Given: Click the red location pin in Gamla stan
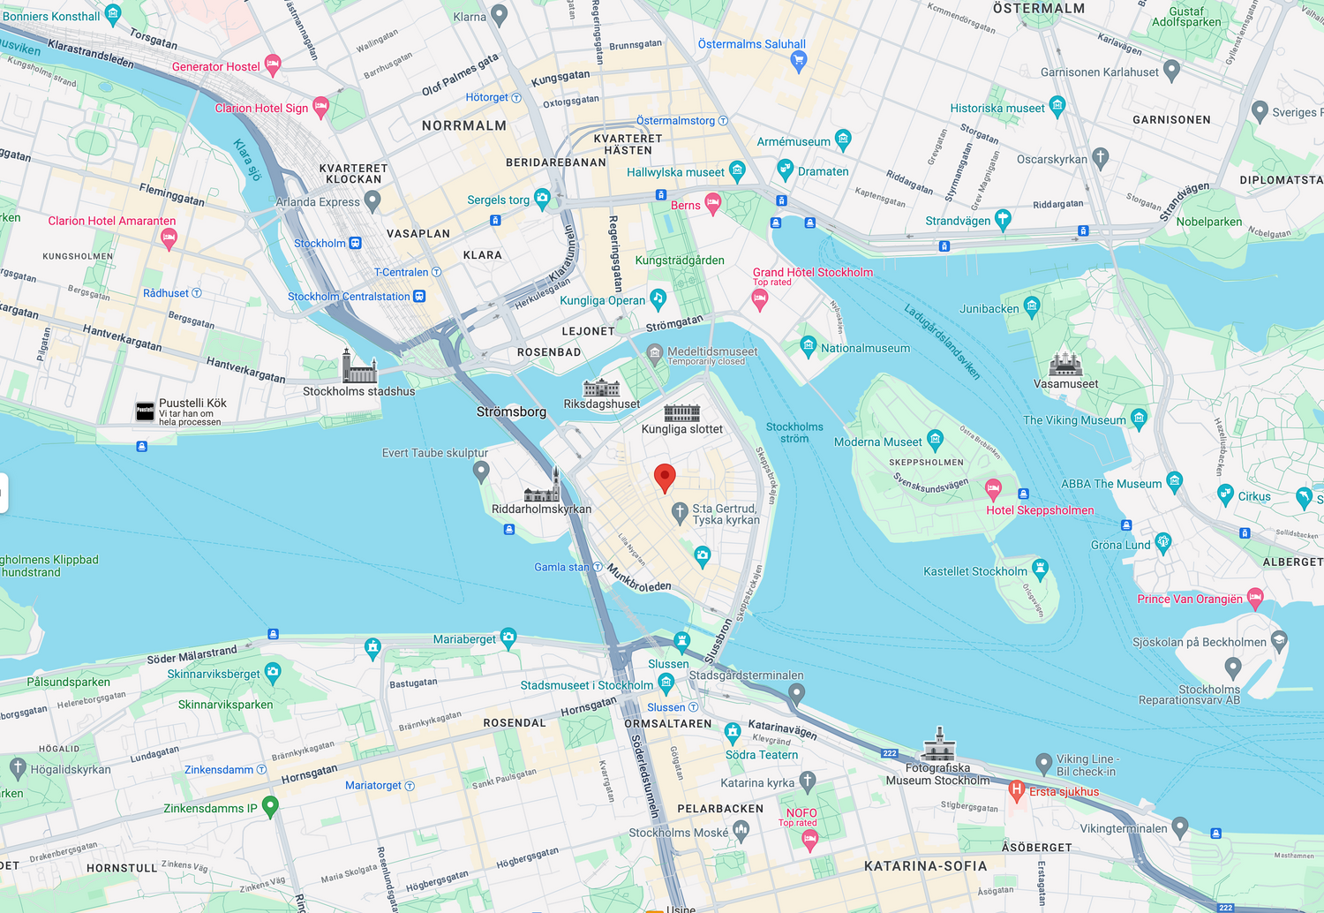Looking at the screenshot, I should point(665,478).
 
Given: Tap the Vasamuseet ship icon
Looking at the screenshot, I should point(1065,363).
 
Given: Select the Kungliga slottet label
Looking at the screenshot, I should point(681,429).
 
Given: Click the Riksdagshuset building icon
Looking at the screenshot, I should point(601,388).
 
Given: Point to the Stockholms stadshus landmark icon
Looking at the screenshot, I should point(358,366).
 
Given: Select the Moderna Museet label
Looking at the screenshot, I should point(877,442).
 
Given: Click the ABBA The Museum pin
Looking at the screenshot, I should point(1174,480).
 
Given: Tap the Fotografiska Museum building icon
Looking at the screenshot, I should point(938,746).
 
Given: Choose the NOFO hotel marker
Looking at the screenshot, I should point(809,841).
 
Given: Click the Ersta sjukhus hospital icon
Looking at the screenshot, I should point(1017,789).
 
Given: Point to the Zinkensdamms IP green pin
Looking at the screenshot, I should point(271,806).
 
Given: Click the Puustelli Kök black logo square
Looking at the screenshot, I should point(145,411).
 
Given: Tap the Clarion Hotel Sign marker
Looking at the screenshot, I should point(320,107).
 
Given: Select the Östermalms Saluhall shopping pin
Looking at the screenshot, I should point(799,61).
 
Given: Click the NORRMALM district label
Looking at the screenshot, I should point(464,125).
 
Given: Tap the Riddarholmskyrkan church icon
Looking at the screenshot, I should point(542,487).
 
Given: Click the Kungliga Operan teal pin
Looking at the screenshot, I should point(658,298).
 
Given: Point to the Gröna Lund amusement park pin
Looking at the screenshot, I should point(1163,542).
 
